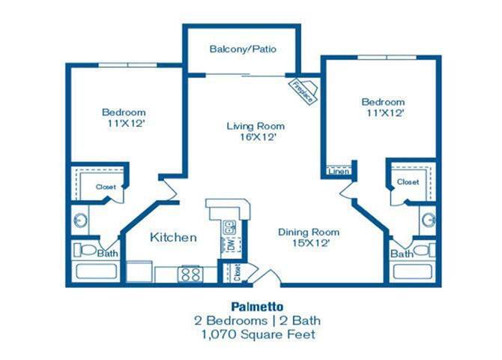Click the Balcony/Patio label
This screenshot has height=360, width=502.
point(243,49)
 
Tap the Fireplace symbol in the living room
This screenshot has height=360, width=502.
point(306,91)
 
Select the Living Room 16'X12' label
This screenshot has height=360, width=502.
point(256,132)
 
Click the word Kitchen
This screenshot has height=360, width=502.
point(173,238)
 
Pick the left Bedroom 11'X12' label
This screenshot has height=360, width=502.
point(124,119)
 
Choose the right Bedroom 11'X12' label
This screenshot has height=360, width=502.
point(383,107)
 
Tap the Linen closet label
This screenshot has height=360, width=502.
point(336,171)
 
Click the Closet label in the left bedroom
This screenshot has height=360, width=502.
point(105,187)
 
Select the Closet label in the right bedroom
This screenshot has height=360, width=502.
point(408,182)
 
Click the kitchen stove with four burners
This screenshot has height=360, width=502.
point(190,274)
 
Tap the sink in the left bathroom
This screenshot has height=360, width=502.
point(81,220)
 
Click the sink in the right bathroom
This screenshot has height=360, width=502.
point(429,220)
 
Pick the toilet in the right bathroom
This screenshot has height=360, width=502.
point(425,248)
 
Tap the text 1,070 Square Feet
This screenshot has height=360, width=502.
point(251,334)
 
